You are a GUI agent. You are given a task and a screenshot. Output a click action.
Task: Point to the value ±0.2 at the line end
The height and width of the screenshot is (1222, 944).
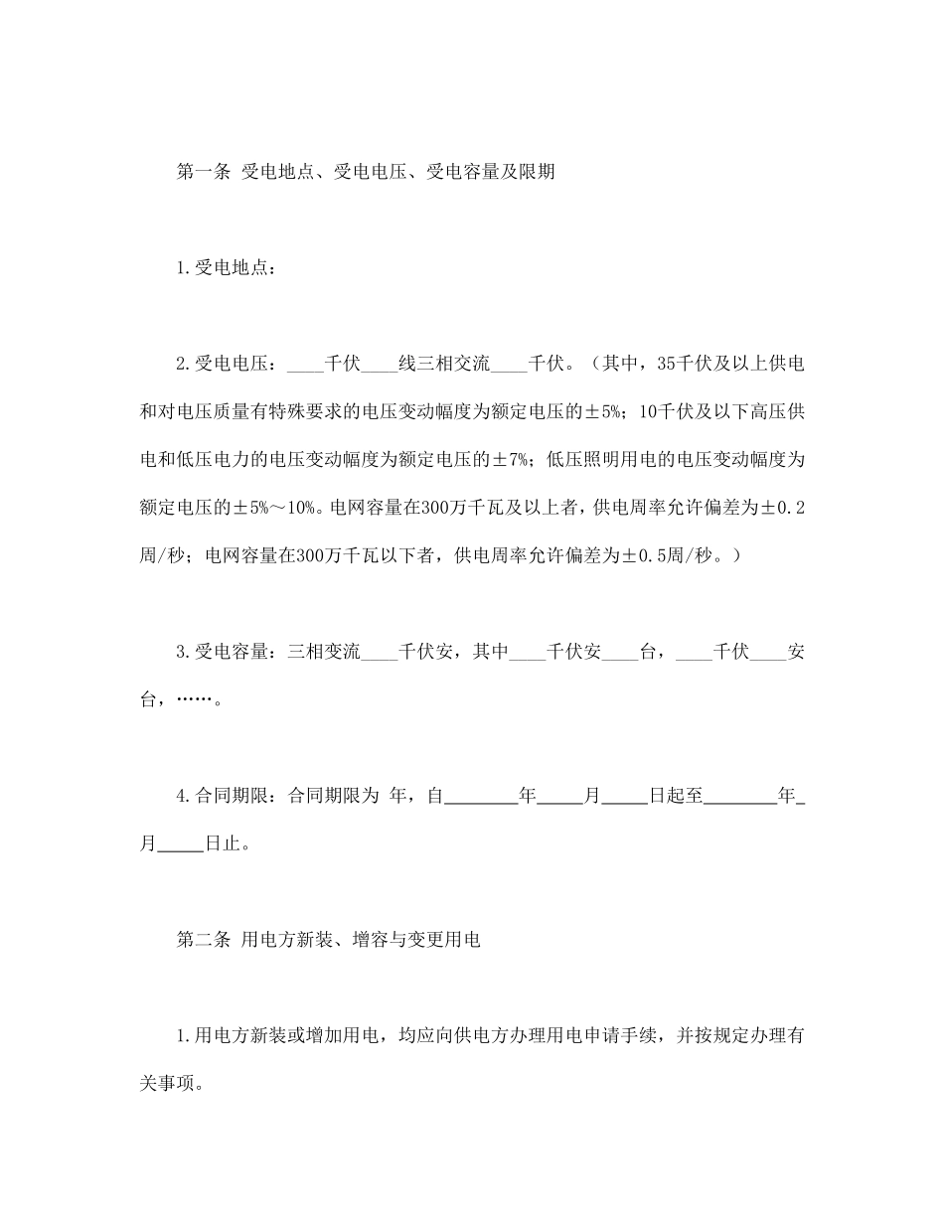(783, 508)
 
